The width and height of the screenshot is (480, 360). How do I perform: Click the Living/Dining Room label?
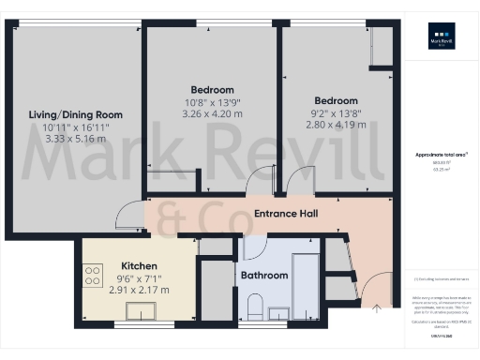[76, 114]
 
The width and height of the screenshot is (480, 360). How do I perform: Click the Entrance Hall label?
[286, 215]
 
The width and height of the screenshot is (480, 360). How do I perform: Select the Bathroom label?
[263, 277]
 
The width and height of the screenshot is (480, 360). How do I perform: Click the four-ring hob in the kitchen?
[94, 276]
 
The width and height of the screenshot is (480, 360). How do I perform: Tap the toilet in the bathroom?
[254, 306]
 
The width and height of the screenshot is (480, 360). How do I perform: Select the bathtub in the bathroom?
[307, 280]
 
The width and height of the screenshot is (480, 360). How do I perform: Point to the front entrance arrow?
[377, 306]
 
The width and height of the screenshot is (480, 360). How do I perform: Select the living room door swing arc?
[124, 217]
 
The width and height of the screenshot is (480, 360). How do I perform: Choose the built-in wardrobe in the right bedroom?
[381, 47]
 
